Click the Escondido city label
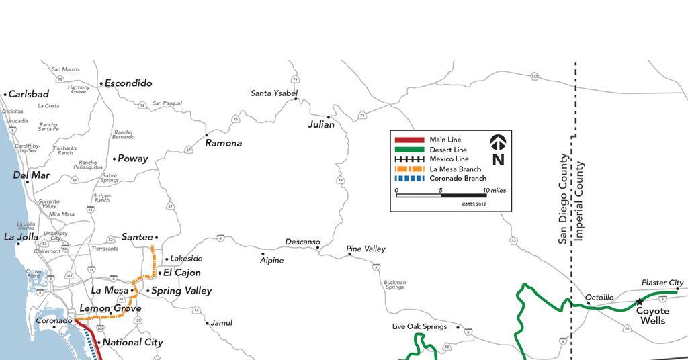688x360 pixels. tap(128, 83)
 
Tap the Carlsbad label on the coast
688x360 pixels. tap(29, 95)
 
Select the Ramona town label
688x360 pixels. tap(224, 143)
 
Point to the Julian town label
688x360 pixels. tap(321, 124)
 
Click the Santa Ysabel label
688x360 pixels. tap(274, 93)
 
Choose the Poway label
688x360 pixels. tap(133, 159)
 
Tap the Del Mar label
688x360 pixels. tap(32, 176)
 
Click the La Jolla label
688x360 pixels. tap(21, 237)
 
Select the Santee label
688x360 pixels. tap(137, 237)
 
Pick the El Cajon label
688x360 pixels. tap(182, 273)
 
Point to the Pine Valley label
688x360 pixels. tap(366, 249)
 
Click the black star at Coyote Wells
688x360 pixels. tap(640, 302)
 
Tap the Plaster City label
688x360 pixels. tap(662, 283)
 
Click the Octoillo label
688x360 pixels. tap(600, 298)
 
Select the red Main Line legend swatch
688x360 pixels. tap(408, 140)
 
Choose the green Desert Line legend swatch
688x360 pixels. tap(408, 150)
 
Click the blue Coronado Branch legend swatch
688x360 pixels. tap(408, 179)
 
